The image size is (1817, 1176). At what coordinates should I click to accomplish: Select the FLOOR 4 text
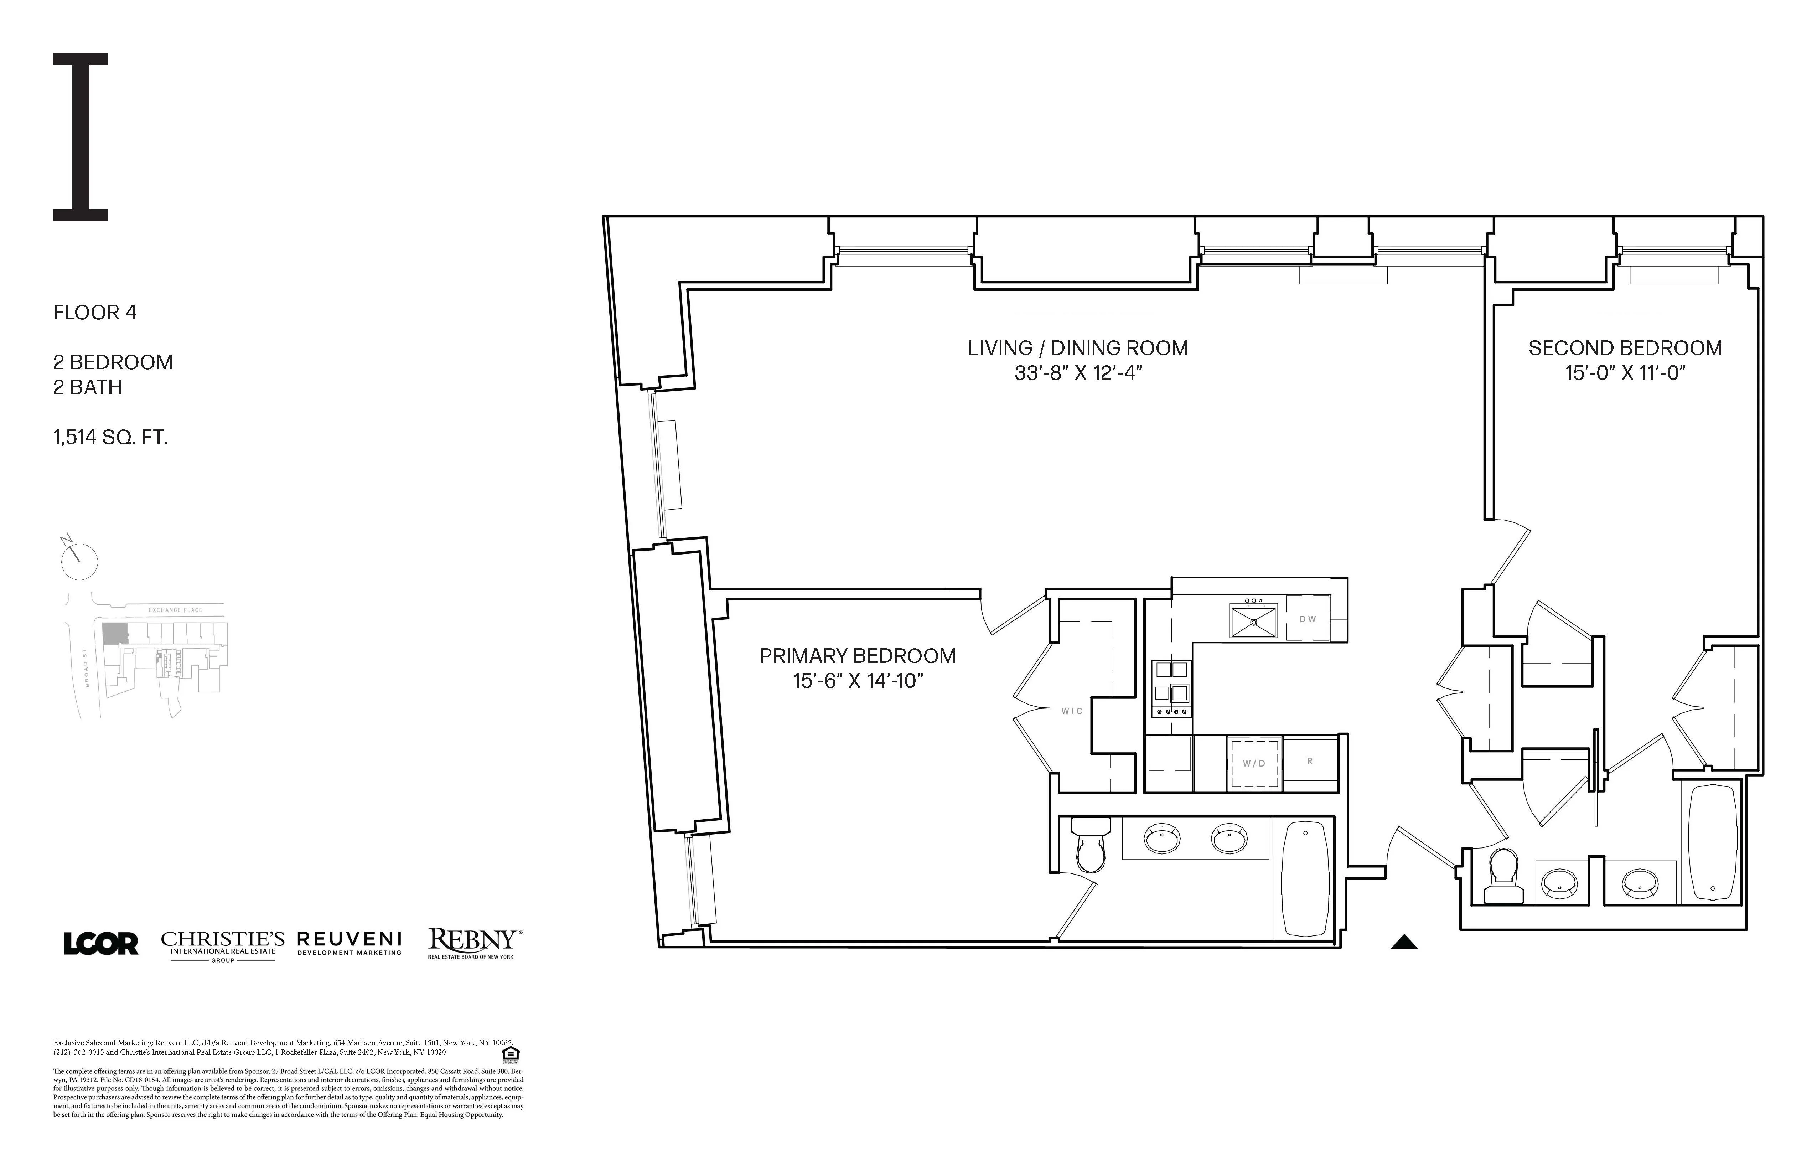coord(95,312)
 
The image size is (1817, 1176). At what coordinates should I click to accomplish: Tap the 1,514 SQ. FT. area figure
coord(110,438)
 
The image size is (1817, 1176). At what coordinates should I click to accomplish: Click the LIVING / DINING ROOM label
coord(1077,348)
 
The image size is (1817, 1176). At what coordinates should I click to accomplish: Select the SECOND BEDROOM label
coord(1625,348)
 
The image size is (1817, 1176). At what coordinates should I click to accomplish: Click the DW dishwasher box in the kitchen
coord(1308,619)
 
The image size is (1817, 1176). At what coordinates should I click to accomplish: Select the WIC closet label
coord(1072,711)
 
